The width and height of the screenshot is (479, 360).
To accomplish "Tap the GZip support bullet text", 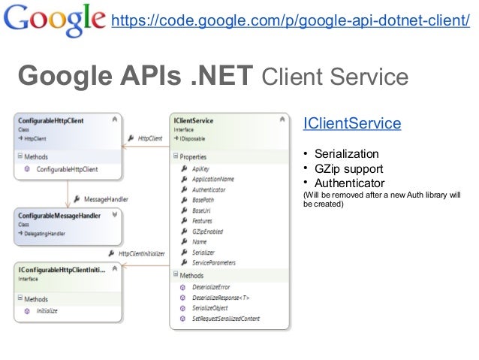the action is click(348, 169).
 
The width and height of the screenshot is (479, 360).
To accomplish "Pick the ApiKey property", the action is click(201, 170).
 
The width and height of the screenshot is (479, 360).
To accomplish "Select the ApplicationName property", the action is click(213, 180).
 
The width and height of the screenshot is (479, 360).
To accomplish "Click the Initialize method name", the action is click(47, 310).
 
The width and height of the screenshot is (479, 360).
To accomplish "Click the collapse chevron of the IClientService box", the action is click(282, 119).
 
